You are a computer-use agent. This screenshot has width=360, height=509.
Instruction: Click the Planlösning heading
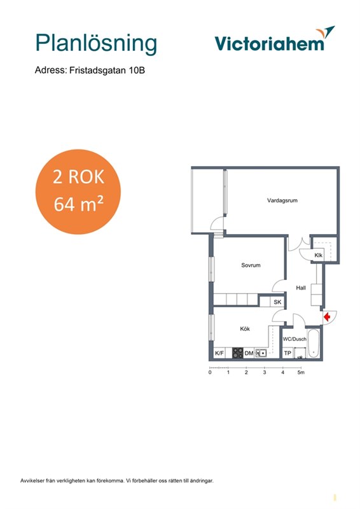(x=96, y=44)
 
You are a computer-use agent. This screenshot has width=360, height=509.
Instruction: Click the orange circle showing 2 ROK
(x=78, y=192)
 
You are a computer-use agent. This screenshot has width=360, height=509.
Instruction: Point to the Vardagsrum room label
(x=282, y=200)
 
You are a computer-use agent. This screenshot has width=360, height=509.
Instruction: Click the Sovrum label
(x=251, y=265)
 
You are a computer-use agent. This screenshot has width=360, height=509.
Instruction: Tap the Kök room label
(x=245, y=329)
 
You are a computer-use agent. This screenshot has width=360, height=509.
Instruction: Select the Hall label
(x=301, y=288)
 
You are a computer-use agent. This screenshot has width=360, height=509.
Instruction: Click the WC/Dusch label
(x=294, y=339)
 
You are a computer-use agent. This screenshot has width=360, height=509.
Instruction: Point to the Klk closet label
(x=318, y=255)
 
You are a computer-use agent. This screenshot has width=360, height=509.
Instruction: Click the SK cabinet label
(x=277, y=302)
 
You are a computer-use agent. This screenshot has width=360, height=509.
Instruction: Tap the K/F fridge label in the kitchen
(x=219, y=353)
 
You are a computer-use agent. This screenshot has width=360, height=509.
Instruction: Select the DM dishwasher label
(x=249, y=353)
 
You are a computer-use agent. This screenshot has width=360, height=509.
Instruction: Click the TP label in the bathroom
(x=287, y=353)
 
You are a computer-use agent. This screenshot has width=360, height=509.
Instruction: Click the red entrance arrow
(x=327, y=316)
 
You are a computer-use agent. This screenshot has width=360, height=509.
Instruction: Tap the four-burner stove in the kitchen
(x=238, y=353)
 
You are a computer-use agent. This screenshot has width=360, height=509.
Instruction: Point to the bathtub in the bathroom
(x=314, y=344)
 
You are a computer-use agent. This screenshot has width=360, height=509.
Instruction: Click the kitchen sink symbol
(x=261, y=353)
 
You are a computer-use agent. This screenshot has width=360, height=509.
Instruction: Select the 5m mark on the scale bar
(x=301, y=372)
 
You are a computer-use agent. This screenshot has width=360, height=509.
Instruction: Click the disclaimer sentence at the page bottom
(x=117, y=481)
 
